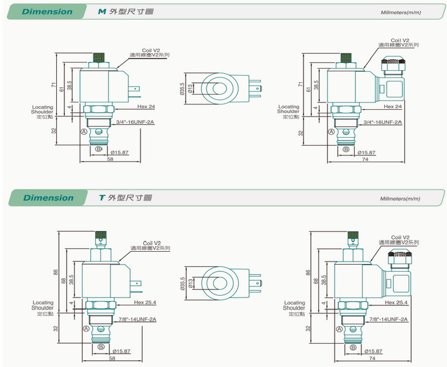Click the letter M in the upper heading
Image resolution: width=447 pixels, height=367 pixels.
click(102, 12)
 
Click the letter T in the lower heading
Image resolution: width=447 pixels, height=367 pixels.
click(102, 198)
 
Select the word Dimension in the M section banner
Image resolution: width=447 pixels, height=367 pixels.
click(47, 12)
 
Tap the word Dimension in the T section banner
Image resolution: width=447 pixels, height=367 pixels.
click(48, 198)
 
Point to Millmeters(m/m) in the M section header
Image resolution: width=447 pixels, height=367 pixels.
click(400, 12)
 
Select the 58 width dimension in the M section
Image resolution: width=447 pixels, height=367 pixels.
click(109, 159)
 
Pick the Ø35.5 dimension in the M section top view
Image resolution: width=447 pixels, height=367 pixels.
click(182, 90)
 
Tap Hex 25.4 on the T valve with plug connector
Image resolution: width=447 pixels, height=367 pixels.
click(397, 302)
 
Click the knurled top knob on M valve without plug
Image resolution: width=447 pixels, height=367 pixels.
click(99, 59)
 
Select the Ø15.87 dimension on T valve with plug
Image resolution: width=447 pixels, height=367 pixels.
click(373, 351)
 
